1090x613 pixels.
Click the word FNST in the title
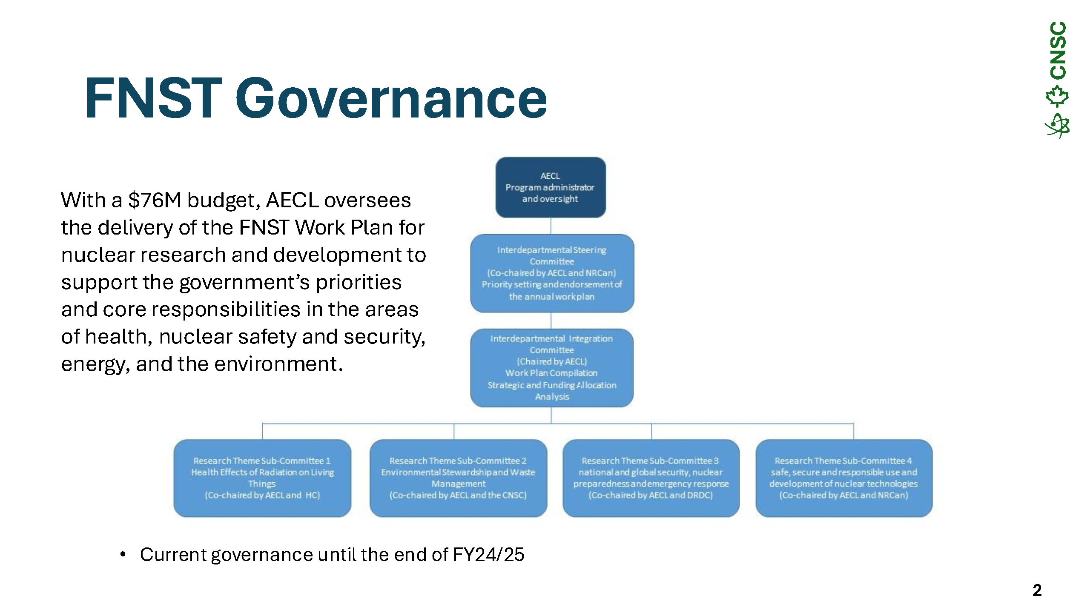(x=154, y=98)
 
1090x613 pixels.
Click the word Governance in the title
(x=391, y=98)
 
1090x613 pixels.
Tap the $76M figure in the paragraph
(x=155, y=200)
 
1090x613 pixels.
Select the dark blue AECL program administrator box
(x=551, y=187)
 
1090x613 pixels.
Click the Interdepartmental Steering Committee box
(x=552, y=273)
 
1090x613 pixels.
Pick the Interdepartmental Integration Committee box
(x=552, y=368)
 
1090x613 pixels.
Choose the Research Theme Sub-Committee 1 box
(x=262, y=478)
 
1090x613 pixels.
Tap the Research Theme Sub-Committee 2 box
(x=458, y=478)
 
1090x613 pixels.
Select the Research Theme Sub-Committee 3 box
(x=651, y=478)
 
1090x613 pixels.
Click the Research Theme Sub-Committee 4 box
(x=844, y=478)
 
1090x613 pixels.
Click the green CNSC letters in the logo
(x=1058, y=50)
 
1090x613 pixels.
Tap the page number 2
(x=1037, y=590)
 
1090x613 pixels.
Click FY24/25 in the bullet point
(x=488, y=555)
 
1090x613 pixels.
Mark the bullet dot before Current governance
(x=123, y=554)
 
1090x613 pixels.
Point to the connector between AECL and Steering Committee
(x=551, y=226)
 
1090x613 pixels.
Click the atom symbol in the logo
(x=1057, y=126)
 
